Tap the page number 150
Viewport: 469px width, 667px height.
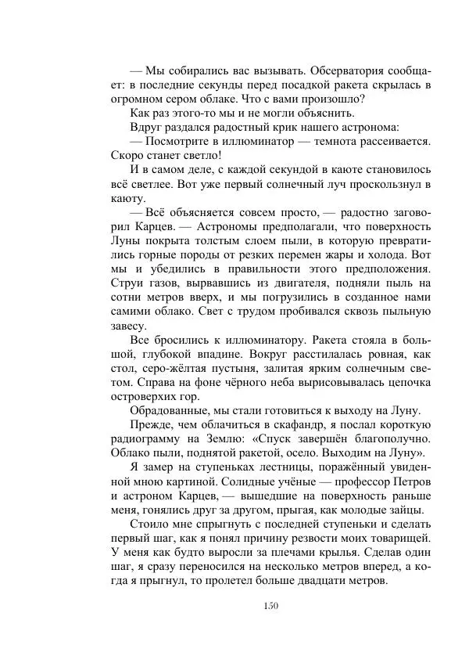click(x=270, y=605)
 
